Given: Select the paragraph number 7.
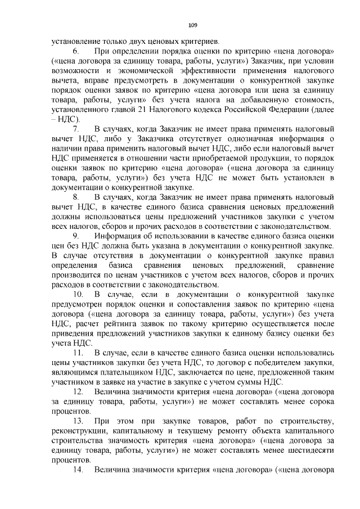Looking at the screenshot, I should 78,129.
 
